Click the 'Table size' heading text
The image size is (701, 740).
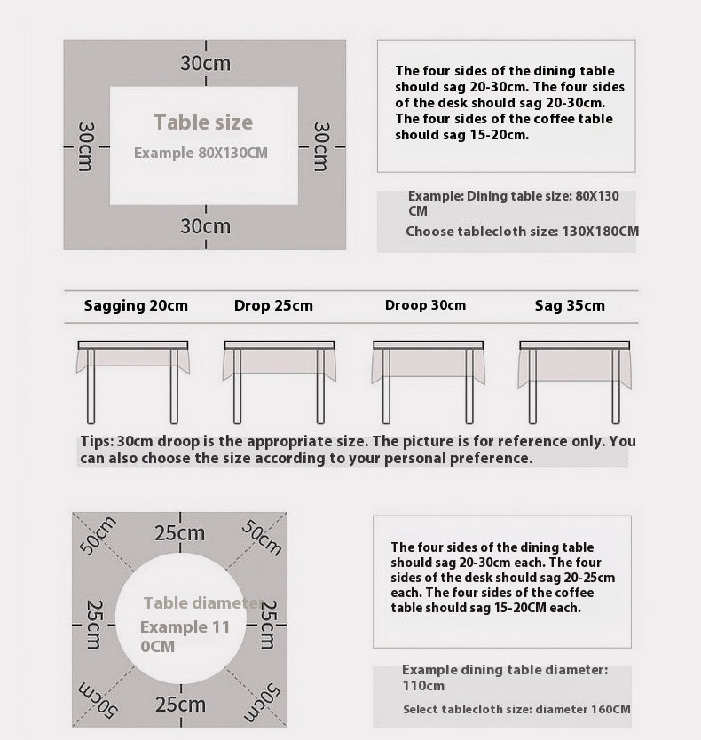tap(203, 122)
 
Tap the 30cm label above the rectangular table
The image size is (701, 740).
tap(205, 64)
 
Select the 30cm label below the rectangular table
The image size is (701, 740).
tap(205, 226)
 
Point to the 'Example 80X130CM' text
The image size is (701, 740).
tap(201, 153)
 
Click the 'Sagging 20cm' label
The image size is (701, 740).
tap(136, 306)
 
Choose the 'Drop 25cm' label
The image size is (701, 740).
tap(273, 306)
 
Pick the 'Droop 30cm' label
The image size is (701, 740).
tap(425, 305)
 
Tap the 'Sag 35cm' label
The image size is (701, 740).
tap(570, 306)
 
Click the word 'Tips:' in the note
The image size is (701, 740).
tap(96, 442)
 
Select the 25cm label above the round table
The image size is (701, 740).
tap(180, 533)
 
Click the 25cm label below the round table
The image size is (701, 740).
tap(180, 705)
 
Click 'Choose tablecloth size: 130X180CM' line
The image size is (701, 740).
tap(522, 232)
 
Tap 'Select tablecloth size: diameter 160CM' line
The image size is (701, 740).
tap(516, 710)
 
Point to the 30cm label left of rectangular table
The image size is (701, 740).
tap(85, 146)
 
